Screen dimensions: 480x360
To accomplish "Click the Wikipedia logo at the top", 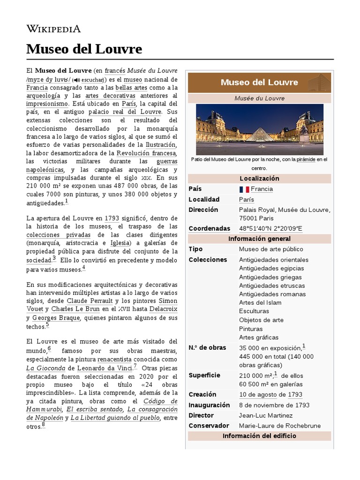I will click(53, 29).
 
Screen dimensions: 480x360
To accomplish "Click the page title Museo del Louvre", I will click(84, 49).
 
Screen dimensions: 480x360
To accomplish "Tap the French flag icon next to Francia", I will click(244, 189).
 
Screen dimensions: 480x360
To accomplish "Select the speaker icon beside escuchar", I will click(77, 80).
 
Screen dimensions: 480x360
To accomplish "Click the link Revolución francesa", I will click(146, 153).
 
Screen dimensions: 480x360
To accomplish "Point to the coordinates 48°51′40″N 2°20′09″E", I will click(270, 229).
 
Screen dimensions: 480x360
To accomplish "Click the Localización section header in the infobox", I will click(259, 179).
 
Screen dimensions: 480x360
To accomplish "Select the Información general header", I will click(259, 239).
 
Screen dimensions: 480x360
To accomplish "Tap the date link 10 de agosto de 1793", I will click(270, 395).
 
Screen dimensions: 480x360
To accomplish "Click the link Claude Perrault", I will click(90, 300).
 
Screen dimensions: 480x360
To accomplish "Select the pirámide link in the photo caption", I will click(306, 160).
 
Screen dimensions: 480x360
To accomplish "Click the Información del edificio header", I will click(259, 436).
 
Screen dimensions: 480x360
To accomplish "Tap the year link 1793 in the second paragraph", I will click(112, 218).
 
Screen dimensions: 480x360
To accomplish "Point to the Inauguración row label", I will click(209, 405).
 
